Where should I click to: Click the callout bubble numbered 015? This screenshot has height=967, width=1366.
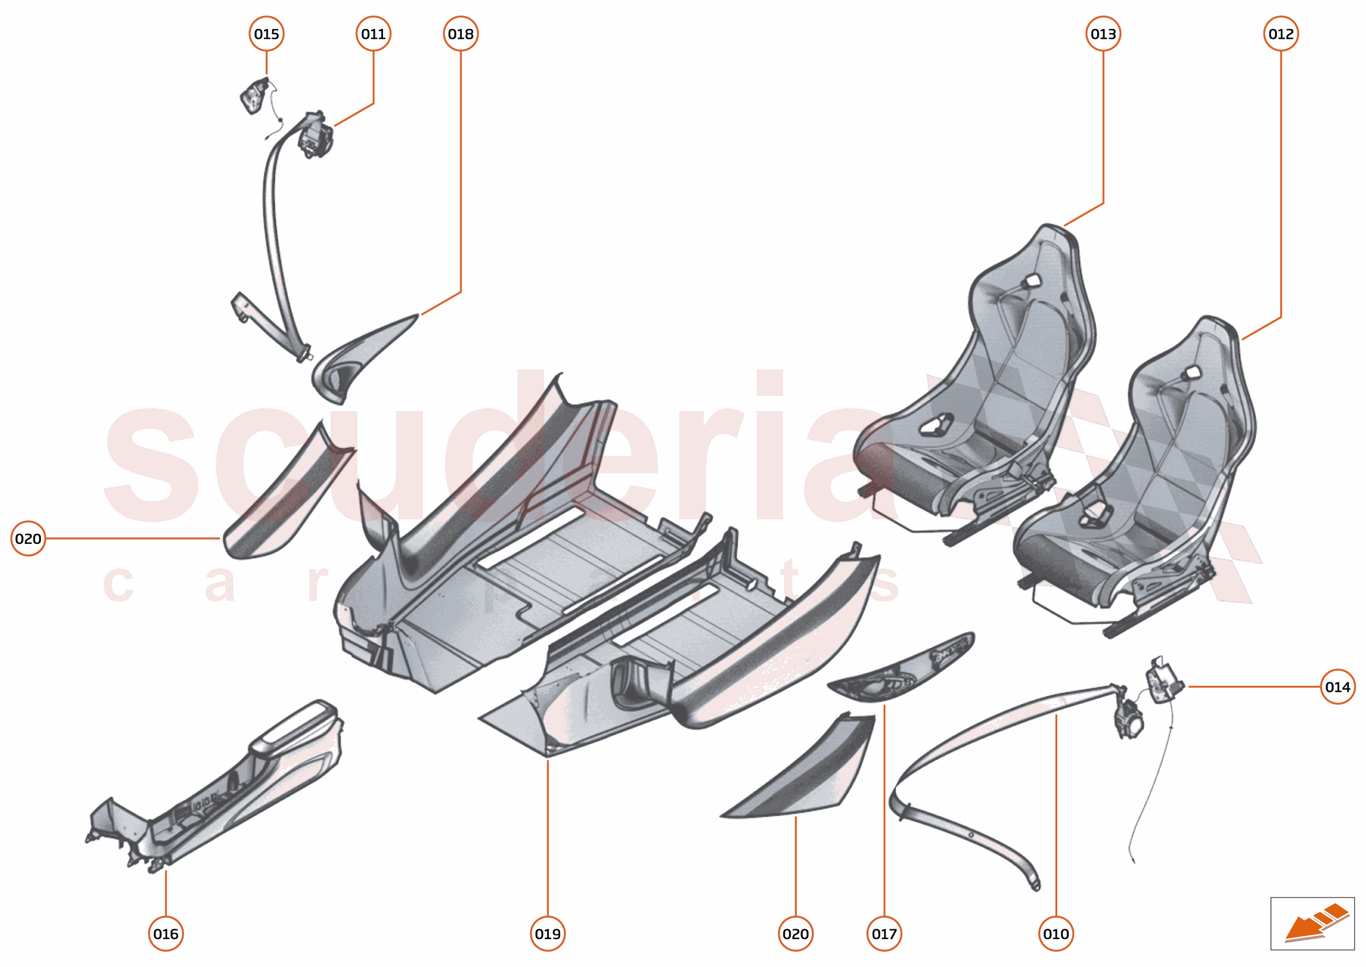click(266, 34)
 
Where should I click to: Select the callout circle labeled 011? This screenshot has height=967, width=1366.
click(373, 34)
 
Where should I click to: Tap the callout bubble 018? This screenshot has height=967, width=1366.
click(461, 34)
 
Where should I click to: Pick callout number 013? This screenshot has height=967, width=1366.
click(1103, 34)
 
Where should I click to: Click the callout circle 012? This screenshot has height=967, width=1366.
click(1281, 34)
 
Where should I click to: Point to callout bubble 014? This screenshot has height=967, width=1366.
click(1338, 687)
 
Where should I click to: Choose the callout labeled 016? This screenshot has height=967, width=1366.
click(166, 934)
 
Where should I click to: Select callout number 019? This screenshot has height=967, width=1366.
click(547, 934)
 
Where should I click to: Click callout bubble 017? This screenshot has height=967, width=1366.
click(884, 934)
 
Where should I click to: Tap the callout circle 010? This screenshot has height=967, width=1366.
click(1056, 934)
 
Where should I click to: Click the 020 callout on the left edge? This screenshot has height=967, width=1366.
click(28, 538)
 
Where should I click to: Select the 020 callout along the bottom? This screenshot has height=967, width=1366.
click(795, 934)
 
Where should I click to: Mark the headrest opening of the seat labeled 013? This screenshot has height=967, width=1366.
click(1032, 280)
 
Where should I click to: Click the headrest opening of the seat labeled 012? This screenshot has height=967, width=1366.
click(1192, 373)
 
